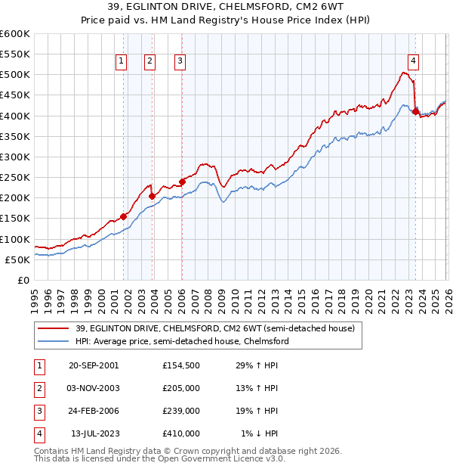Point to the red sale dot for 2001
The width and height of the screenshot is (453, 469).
point(124,216)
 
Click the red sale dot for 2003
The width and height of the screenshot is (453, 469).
point(152,196)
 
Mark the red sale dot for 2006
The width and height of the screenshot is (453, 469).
point(182,182)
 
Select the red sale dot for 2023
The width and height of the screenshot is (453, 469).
point(415,111)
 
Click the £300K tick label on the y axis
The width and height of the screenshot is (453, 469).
point(14,157)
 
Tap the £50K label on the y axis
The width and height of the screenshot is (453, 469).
point(17,259)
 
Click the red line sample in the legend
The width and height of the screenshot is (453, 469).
point(54,328)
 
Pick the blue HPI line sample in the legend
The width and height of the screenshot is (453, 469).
point(54,341)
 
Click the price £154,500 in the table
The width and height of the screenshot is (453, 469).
point(180,365)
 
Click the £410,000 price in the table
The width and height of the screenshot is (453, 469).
point(180,433)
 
